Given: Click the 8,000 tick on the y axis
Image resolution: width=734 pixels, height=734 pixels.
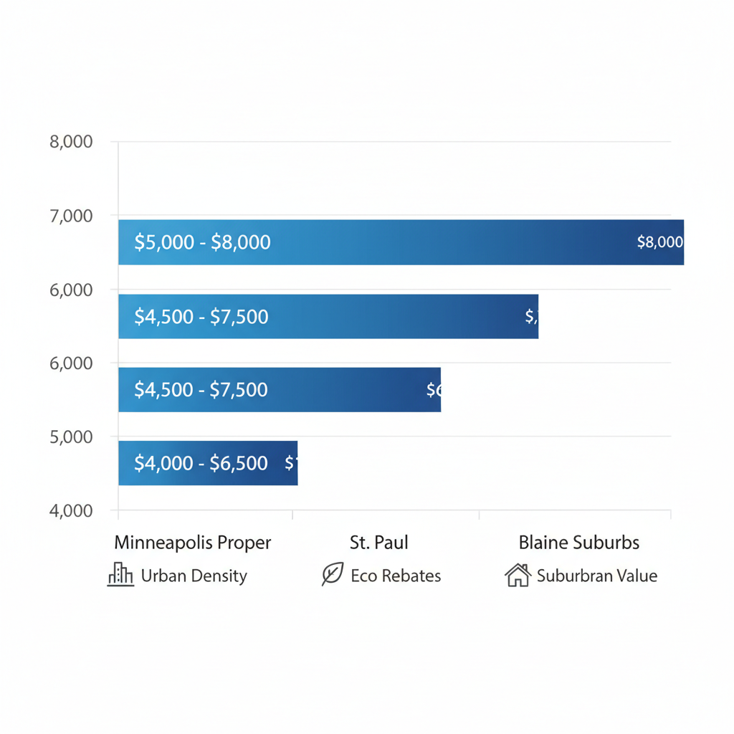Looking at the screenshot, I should [x=71, y=142].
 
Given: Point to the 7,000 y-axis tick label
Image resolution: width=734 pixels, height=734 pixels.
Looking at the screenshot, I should [x=71, y=216].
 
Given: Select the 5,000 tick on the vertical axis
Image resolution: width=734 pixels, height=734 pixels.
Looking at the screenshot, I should [x=71, y=437].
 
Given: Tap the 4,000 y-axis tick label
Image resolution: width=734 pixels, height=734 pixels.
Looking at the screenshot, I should [x=71, y=511].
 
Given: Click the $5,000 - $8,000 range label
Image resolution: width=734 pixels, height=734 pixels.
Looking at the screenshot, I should [x=202, y=242].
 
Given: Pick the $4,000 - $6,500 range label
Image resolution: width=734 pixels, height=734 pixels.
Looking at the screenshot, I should [x=201, y=463].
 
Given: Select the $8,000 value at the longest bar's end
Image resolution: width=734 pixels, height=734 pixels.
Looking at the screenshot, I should [x=659, y=242].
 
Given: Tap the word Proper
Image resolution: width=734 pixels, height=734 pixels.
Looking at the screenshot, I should [x=247, y=543].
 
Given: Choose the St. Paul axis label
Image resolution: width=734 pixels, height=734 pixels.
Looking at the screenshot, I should [x=378, y=543].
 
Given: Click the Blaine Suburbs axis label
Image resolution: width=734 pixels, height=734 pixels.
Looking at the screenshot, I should [x=578, y=543].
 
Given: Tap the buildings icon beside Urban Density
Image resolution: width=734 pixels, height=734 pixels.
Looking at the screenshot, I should [x=120, y=575].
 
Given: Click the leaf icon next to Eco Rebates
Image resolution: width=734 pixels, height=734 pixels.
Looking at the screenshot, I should [x=333, y=574].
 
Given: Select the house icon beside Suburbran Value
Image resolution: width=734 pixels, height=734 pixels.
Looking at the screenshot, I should [x=518, y=575].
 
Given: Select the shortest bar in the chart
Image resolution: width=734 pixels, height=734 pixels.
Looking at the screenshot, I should [x=208, y=463].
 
